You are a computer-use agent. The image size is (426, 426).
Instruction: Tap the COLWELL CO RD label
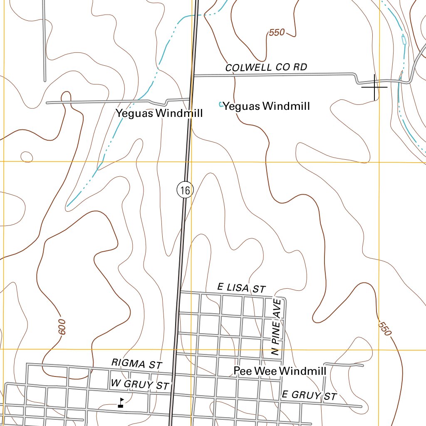click(x=266, y=67)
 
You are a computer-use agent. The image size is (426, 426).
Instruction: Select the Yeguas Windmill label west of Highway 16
click(x=159, y=113)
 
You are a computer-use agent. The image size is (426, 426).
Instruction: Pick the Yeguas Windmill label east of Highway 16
click(x=266, y=106)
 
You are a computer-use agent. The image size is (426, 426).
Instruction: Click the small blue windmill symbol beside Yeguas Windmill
click(x=220, y=104)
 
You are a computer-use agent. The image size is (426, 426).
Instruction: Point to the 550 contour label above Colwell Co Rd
click(x=277, y=32)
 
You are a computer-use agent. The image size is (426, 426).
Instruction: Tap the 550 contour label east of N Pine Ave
click(x=385, y=329)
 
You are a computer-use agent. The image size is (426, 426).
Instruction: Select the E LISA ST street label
click(x=241, y=287)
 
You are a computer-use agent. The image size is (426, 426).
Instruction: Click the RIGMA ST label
click(x=136, y=364)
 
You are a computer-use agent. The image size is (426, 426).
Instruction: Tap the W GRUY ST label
click(x=140, y=385)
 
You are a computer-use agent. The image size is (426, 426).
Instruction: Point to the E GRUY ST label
click(x=309, y=395)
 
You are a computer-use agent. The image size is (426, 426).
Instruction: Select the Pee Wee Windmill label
click(x=280, y=371)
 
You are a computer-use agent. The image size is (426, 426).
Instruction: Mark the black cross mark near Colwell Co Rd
click(x=374, y=87)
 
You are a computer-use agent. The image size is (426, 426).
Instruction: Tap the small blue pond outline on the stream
click(x=403, y=40)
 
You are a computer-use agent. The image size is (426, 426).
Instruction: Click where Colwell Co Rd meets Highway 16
click(x=194, y=76)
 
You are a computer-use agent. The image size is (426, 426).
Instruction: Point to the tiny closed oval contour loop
click(x=27, y=157)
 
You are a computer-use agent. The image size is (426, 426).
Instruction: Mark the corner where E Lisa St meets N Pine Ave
click(x=284, y=299)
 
